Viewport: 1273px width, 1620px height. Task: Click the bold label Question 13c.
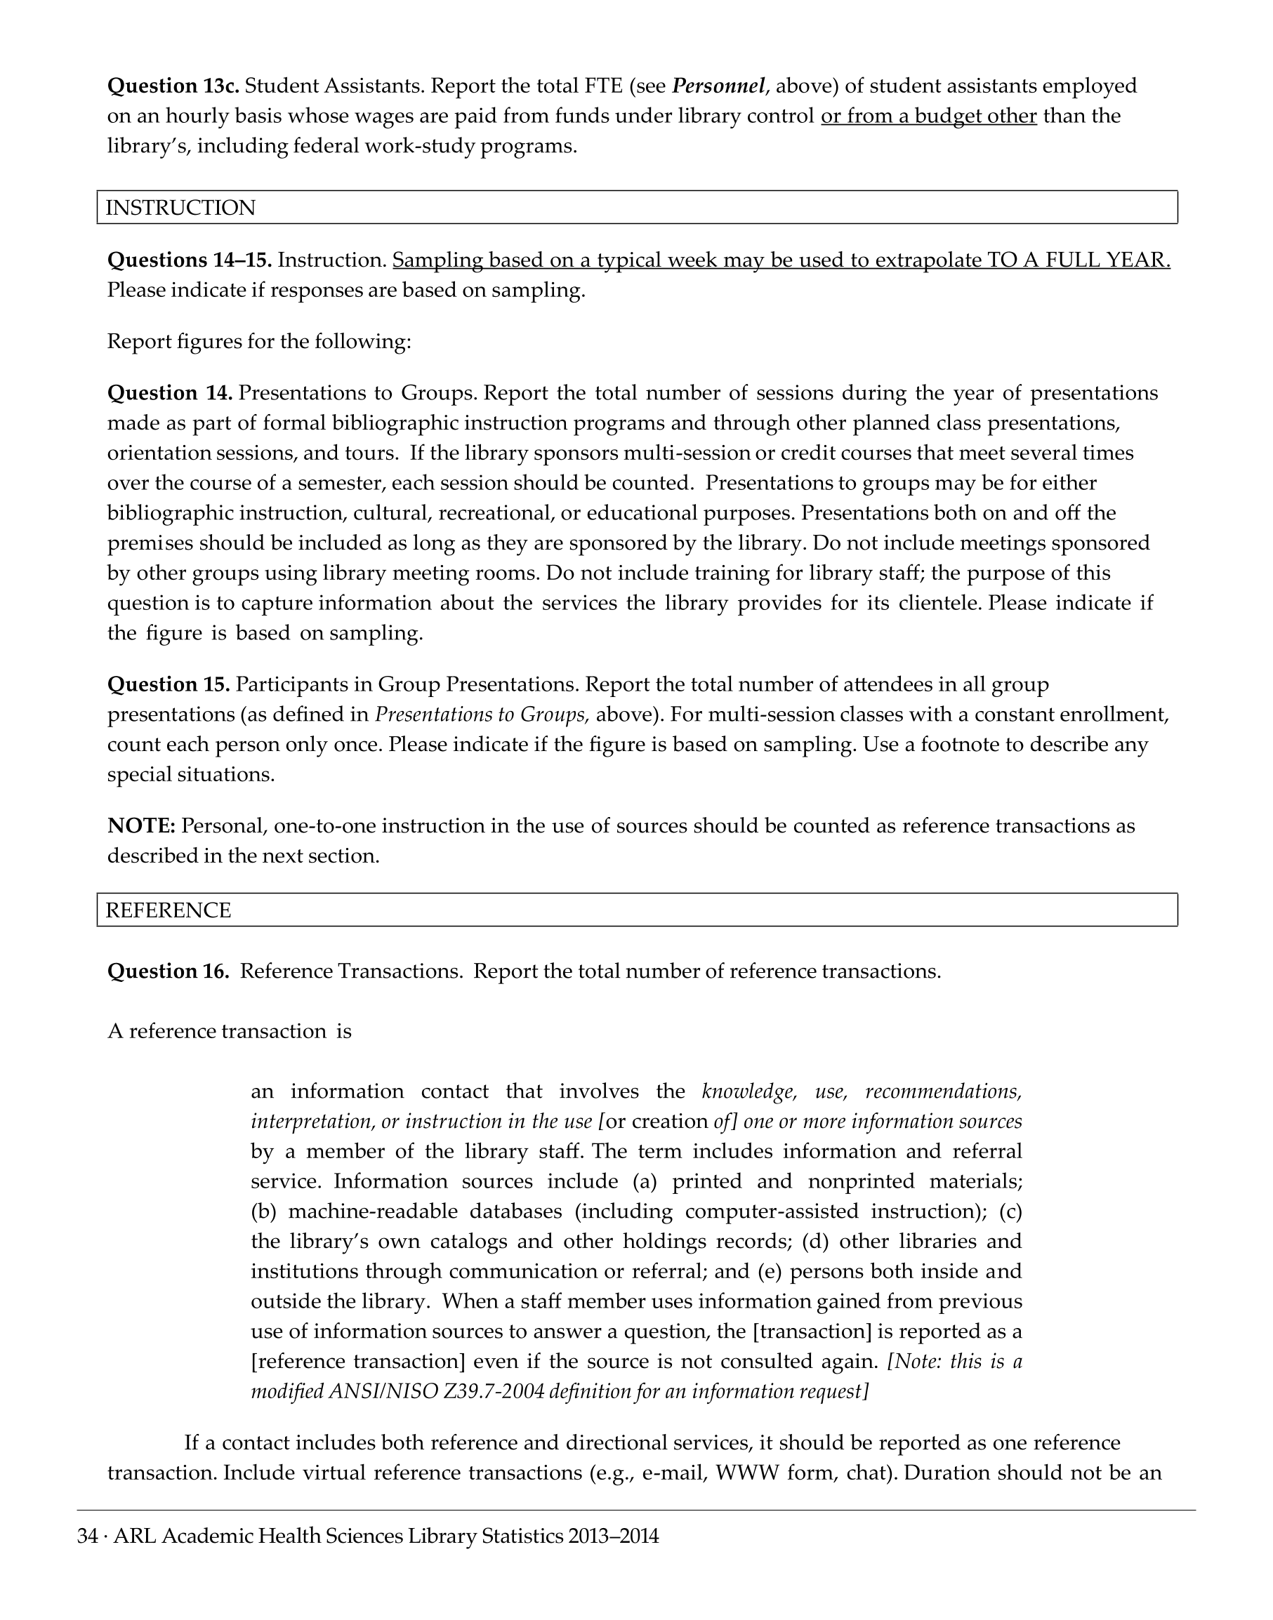click(173, 86)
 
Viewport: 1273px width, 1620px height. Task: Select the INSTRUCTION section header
click(180, 208)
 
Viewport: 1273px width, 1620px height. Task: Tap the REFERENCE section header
click(169, 910)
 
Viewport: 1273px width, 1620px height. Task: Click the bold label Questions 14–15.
click(190, 260)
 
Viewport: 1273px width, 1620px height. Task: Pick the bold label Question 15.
click(169, 684)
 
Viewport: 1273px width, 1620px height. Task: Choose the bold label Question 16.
click(169, 971)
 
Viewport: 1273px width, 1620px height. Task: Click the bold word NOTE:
click(142, 825)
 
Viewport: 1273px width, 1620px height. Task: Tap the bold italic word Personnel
click(718, 86)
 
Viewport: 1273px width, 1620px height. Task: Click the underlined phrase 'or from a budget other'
click(929, 117)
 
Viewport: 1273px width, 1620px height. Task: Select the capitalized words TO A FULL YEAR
click(1079, 260)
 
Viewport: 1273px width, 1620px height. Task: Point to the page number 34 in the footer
click(87, 1536)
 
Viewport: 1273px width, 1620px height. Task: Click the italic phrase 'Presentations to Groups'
click(480, 715)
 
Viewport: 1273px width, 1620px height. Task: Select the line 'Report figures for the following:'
click(258, 341)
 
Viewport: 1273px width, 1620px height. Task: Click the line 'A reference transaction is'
click(230, 1031)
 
